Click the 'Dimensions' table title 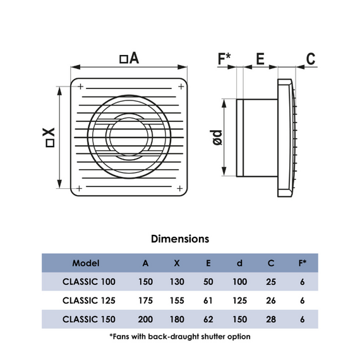coord(180,239)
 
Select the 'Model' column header coord(86,263)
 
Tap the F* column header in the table coord(303,263)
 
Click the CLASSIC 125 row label coord(89,301)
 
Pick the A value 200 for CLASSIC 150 coord(145,320)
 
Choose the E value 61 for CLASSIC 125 coord(208,301)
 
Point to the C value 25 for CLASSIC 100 coord(271,282)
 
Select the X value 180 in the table coord(177,320)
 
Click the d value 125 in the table coord(240,301)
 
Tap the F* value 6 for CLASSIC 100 coord(303,282)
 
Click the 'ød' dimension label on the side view coord(216,138)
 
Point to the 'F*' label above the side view coord(224,59)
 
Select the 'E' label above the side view coord(260,59)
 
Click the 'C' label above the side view coord(311,59)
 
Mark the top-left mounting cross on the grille coord(80,87)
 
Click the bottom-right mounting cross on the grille coord(180,188)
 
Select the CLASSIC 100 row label coord(89,282)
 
